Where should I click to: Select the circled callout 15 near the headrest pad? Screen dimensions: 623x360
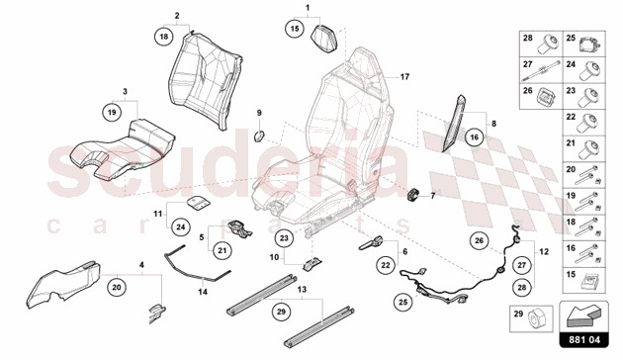point(294,31)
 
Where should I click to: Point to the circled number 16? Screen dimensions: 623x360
point(474,139)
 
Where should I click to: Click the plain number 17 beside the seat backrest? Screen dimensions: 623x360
point(404,76)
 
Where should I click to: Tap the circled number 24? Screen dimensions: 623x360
point(181,226)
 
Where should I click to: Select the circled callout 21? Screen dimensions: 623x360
point(222,250)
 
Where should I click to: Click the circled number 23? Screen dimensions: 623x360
point(284,237)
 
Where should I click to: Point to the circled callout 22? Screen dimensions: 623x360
point(384,265)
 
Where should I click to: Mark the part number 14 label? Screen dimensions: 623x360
point(203,293)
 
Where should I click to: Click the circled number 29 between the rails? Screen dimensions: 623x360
point(281,312)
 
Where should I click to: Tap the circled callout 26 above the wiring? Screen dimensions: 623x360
point(480,240)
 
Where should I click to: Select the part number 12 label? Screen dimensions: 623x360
point(540,251)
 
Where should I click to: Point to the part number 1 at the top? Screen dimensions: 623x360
point(307,8)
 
